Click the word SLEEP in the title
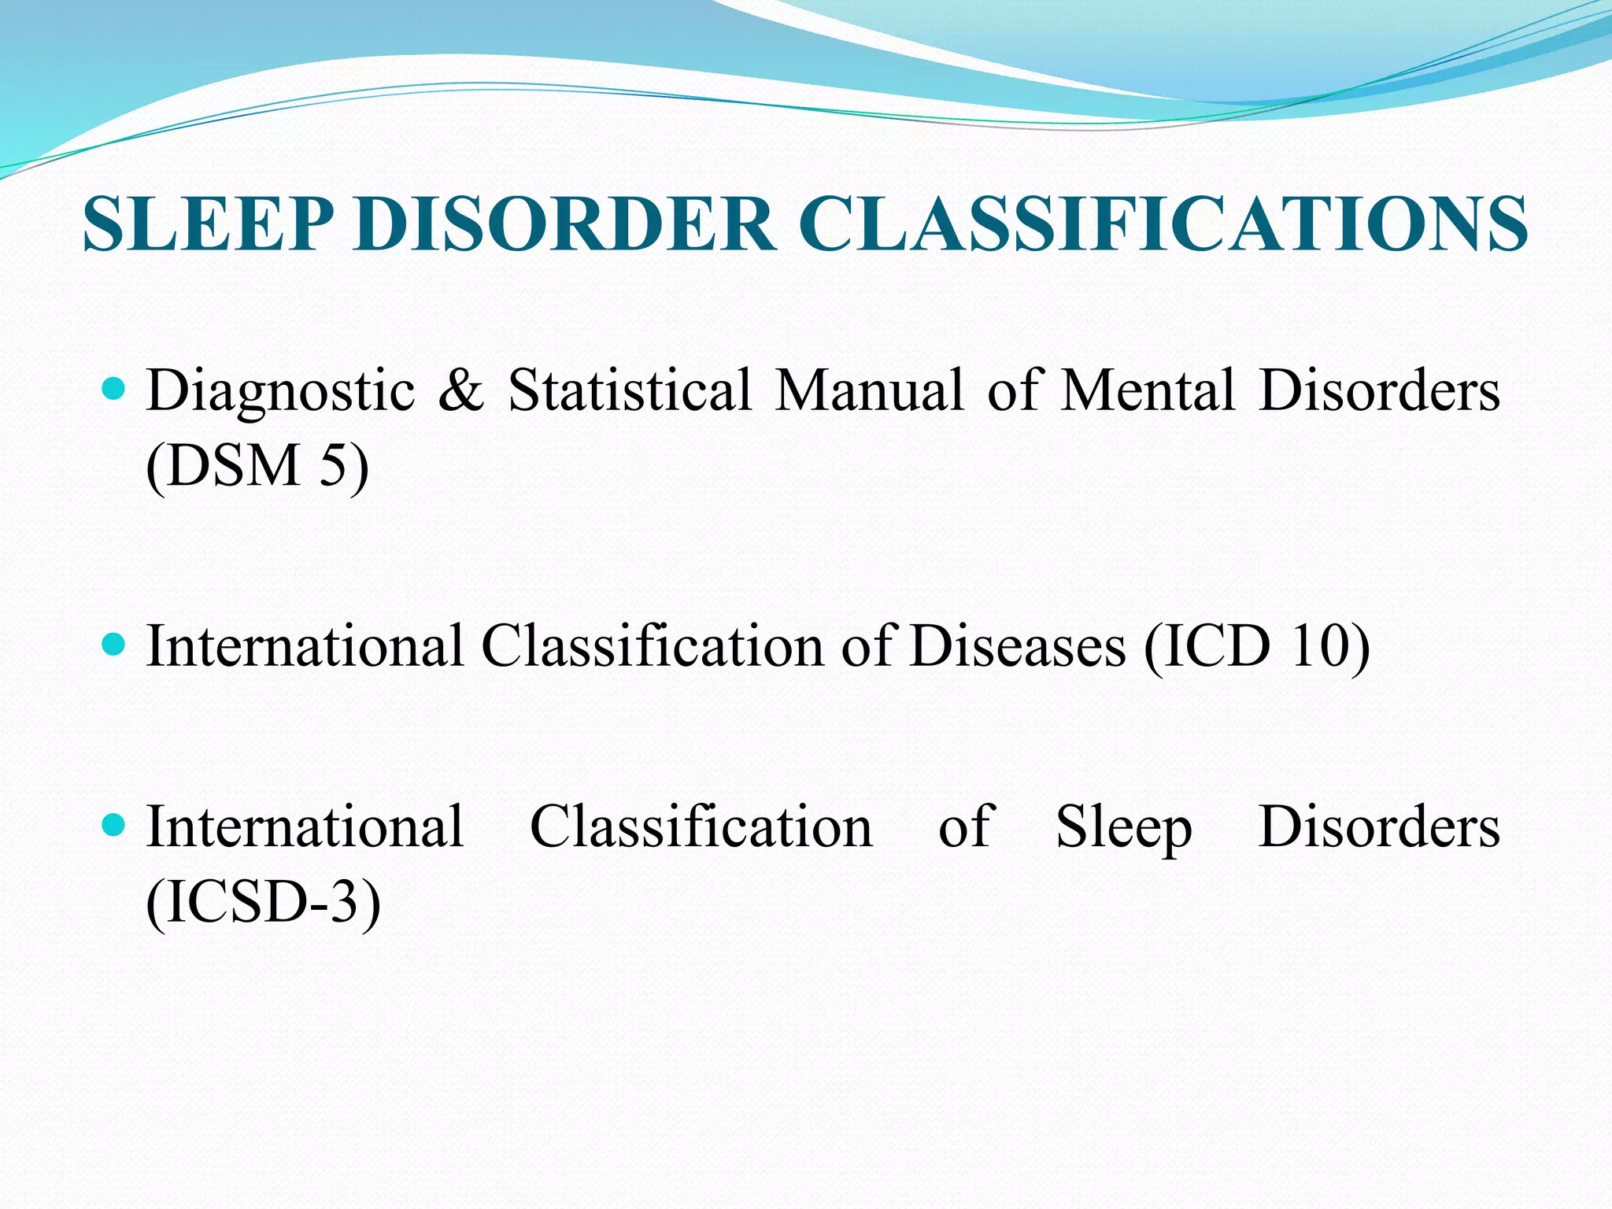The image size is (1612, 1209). coord(208,225)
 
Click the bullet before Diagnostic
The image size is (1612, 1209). coord(114,388)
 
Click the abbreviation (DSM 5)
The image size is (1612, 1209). coord(257,466)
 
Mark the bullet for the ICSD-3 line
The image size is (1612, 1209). coord(114,826)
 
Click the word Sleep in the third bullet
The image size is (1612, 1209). coord(1123,829)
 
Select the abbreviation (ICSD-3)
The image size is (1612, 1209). coord(264,902)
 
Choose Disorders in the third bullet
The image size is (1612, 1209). coord(1379,827)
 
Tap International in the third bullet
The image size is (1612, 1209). coord(305,827)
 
